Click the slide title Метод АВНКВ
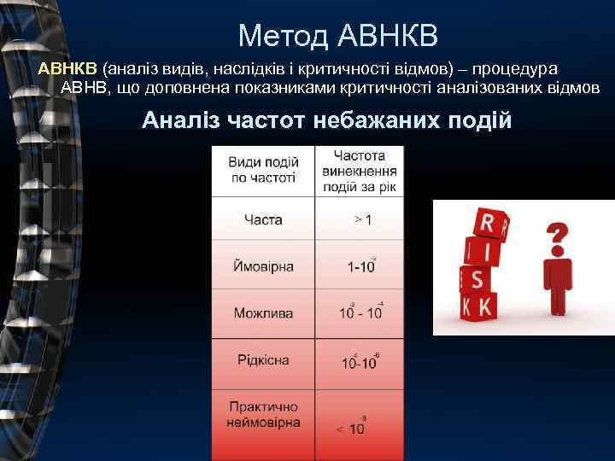pyautogui.click(x=337, y=35)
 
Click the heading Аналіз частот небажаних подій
pyautogui.click(x=326, y=120)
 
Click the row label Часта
pyautogui.click(x=263, y=219)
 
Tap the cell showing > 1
pyautogui.click(x=362, y=220)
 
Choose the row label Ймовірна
pyautogui.click(x=263, y=266)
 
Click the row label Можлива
pyautogui.click(x=263, y=312)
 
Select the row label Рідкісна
pyautogui.click(x=263, y=359)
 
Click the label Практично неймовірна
pyautogui.click(x=263, y=415)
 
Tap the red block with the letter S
pyautogui.click(x=477, y=279)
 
